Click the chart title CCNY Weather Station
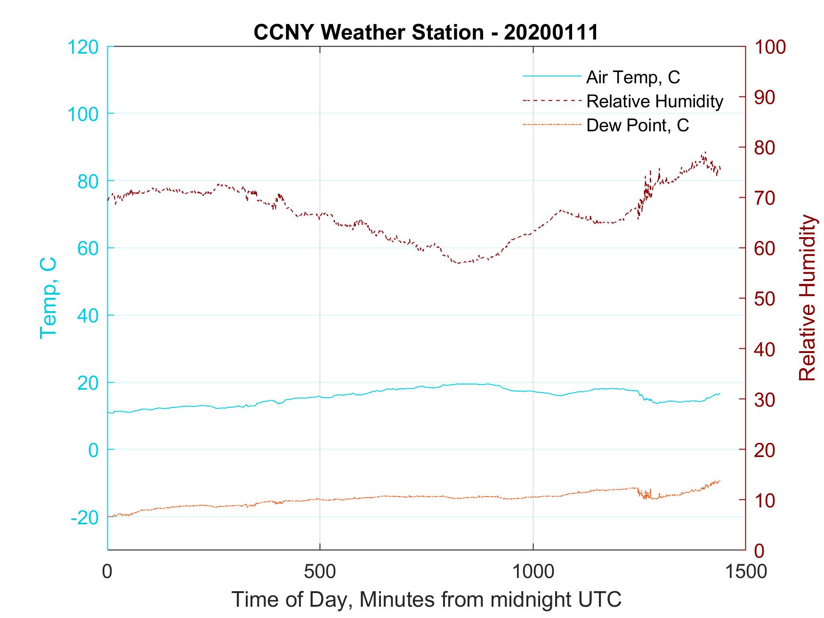pos(426,32)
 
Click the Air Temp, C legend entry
pos(633,77)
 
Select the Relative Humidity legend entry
pos(654,101)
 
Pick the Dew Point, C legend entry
pos(638,125)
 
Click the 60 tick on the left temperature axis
pos(88,249)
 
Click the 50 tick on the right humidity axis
pos(765,299)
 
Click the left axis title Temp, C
pos(48,298)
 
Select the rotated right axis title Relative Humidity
pos(807,298)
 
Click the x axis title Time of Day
pos(426,600)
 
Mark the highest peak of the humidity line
pos(705,152)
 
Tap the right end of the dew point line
pos(720,480)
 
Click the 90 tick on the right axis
pos(765,97)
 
